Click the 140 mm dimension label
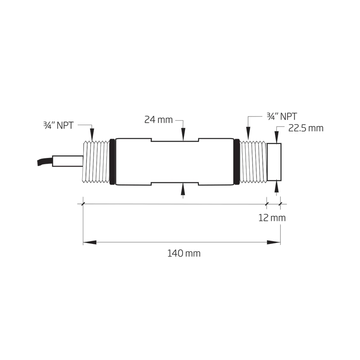pyautogui.click(x=184, y=254)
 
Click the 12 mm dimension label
pyautogui.click(x=272, y=218)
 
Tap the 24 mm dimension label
pyautogui.click(x=158, y=120)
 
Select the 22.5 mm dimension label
pyautogui.click(x=306, y=128)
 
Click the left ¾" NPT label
pyautogui.click(x=55, y=126)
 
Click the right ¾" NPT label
pyautogui.click(x=281, y=116)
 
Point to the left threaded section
pyautogui.click(x=96, y=162)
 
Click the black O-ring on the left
pyautogui.click(x=112, y=162)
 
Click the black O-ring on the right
pyautogui.click(x=237, y=162)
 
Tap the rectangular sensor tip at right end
pyautogui.click(x=274, y=162)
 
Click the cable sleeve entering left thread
pyautogui.click(x=67, y=161)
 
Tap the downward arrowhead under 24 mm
pyautogui.click(x=183, y=135)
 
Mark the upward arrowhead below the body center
pyautogui.click(x=183, y=189)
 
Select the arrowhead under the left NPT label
pyautogui.click(x=92, y=134)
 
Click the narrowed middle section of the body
pyautogui.click(x=175, y=162)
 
